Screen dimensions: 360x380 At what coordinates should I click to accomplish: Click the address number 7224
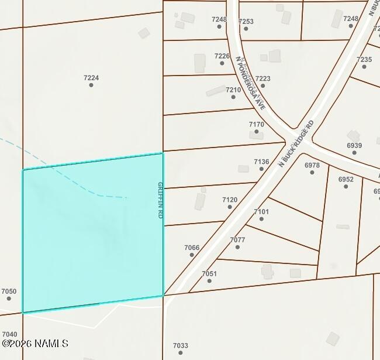tap(91, 77)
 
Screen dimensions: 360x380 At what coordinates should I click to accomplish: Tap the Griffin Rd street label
tap(160, 200)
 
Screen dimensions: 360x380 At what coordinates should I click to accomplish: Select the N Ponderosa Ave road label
tap(251, 83)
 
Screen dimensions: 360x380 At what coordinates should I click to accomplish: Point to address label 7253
tap(246, 22)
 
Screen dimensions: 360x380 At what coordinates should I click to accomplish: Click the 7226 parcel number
tap(222, 56)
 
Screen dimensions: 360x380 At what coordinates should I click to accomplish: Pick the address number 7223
tap(262, 78)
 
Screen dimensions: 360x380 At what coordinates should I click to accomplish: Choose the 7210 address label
tap(233, 90)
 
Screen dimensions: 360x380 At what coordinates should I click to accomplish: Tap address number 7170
tap(257, 124)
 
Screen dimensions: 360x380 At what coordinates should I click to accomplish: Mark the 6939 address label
tap(354, 146)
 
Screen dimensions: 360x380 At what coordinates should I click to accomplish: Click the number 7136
tap(261, 162)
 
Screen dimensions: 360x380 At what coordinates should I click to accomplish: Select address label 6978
tap(312, 165)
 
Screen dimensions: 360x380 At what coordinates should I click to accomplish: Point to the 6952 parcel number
tap(346, 179)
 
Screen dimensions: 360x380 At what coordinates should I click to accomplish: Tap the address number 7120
tap(230, 200)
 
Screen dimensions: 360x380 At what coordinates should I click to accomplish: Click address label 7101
tap(261, 212)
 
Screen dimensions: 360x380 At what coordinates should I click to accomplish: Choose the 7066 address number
tap(192, 248)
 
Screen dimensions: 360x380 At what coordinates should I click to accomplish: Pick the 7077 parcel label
tap(237, 240)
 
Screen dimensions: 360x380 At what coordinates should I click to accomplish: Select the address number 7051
tap(209, 273)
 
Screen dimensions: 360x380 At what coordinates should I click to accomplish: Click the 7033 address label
tap(181, 345)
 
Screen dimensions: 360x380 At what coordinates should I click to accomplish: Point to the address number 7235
tap(364, 60)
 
